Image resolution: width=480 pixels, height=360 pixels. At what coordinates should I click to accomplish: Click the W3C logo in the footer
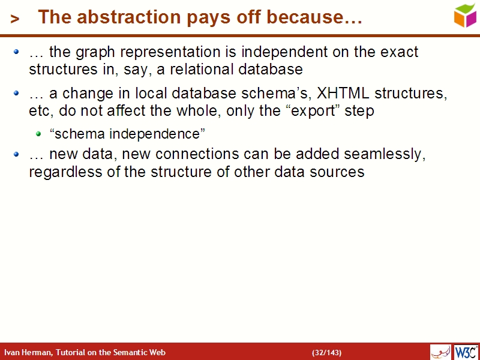pos(466,352)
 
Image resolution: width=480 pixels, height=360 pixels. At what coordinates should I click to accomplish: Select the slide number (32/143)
pos(326,352)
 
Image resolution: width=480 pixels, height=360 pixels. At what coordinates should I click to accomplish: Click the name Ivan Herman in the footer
pos(28,352)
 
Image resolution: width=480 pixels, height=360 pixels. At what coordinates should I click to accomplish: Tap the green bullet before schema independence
pos(38,133)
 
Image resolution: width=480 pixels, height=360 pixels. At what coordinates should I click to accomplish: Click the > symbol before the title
pos(15,19)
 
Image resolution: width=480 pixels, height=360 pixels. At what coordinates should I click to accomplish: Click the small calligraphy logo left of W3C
pos(440,352)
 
